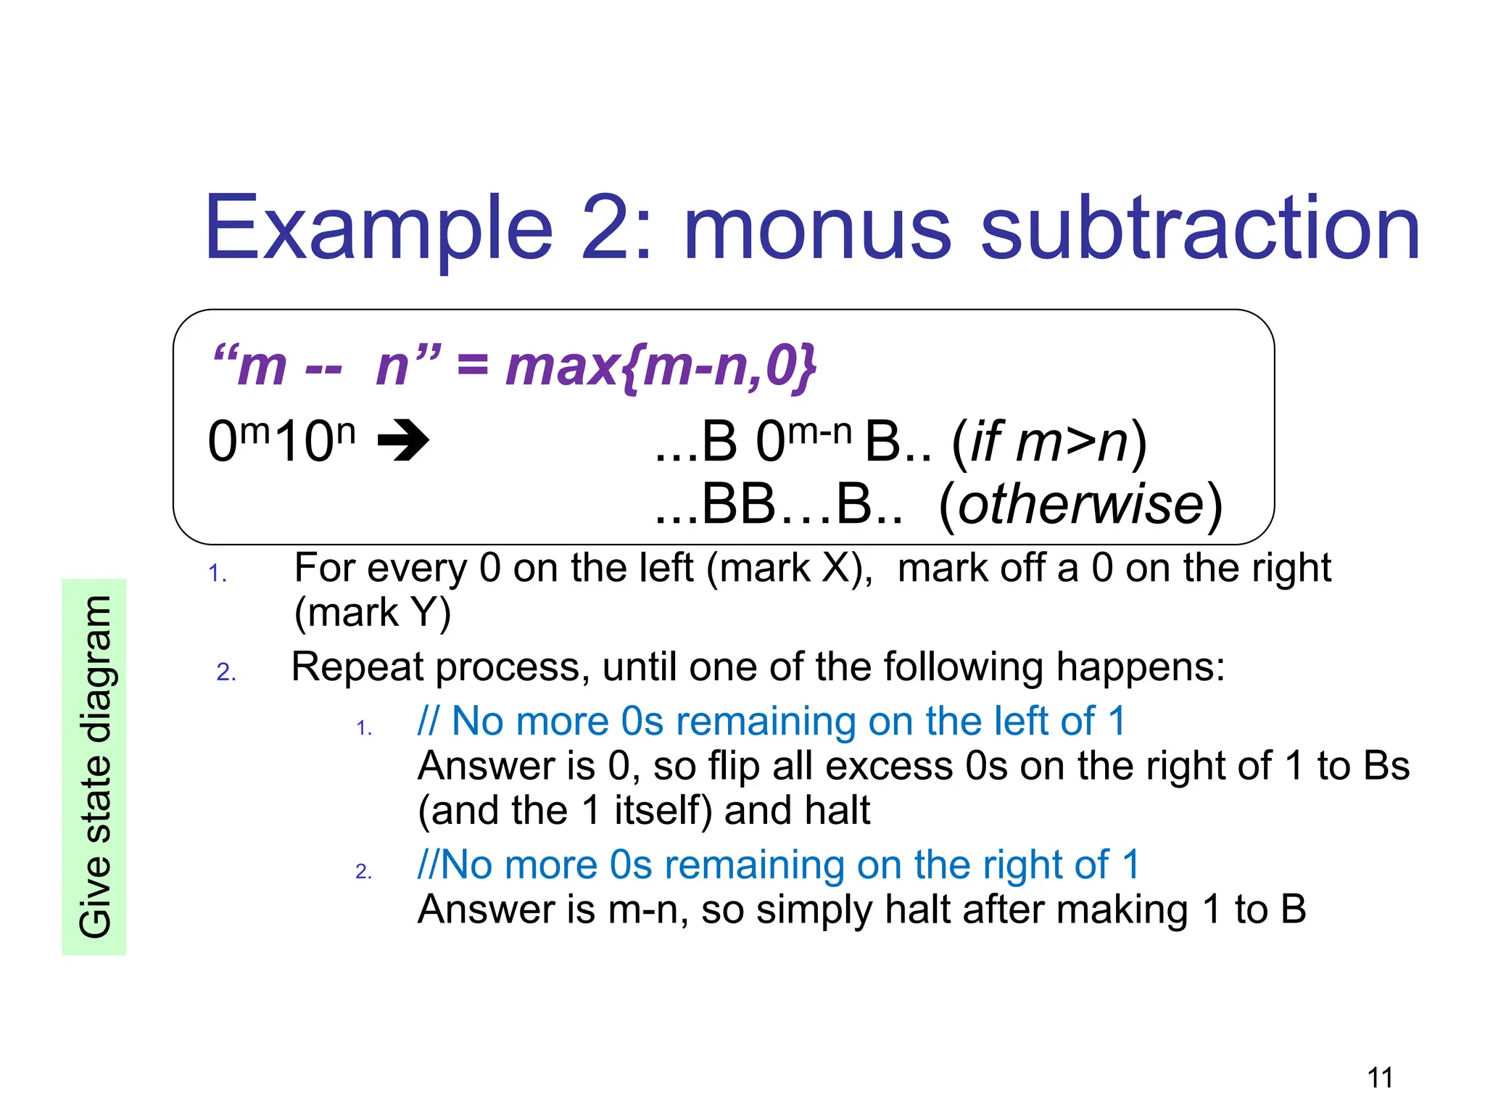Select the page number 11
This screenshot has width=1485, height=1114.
coord(1380,1078)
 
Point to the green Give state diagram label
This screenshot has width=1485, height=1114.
coord(94,767)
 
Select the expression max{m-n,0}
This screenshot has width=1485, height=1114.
coord(661,366)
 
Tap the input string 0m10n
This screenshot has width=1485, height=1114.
coord(281,440)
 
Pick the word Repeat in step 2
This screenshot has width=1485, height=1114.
coord(360,667)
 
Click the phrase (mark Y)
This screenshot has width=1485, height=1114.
coord(373,612)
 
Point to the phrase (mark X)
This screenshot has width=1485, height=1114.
coord(789,568)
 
